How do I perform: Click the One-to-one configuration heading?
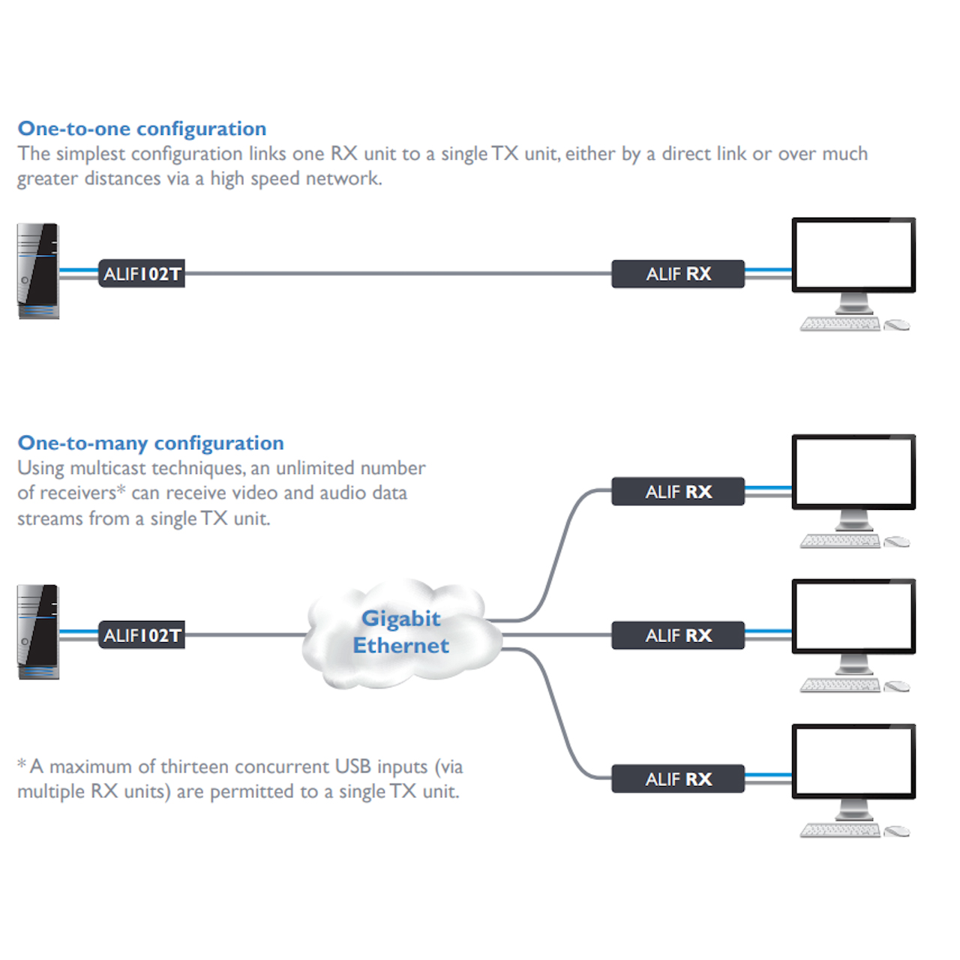[142, 129]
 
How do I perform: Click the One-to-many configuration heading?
[151, 443]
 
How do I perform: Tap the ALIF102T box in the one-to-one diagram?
[142, 274]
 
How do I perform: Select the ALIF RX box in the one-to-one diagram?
[678, 274]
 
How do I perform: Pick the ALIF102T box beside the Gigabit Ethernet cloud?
[142, 635]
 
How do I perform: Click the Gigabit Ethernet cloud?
[401, 632]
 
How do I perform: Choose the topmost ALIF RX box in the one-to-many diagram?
[678, 492]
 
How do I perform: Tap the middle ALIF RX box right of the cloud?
[678, 635]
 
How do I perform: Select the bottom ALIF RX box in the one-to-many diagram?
[678, 779]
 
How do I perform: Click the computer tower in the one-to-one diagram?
[38, 271]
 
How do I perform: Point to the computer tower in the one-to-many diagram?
[38, 632]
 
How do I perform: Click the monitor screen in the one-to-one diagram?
[853, 253]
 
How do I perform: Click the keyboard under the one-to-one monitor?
[840, 324]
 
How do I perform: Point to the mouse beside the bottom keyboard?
[897, 831]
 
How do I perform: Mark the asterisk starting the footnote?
[22, 764]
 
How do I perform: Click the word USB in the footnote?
[352, 766]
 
